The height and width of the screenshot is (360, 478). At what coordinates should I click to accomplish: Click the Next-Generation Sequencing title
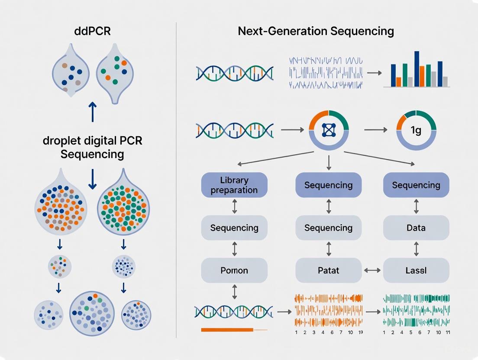316,31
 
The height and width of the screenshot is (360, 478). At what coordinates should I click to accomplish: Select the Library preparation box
234,185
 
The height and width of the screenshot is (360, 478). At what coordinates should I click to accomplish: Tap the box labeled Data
416,228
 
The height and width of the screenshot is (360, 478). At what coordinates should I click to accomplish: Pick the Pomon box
234,270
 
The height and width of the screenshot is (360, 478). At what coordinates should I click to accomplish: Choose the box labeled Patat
328,270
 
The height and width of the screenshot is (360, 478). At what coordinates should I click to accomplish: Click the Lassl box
416,270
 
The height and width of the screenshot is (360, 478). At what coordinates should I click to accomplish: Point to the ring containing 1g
416,130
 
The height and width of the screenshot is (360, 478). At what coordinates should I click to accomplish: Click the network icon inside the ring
329,130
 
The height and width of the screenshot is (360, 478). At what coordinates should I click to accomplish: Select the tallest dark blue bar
417,69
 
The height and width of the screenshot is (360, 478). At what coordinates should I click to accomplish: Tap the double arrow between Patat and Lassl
372,270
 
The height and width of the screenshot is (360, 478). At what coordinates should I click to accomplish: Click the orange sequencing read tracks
328,311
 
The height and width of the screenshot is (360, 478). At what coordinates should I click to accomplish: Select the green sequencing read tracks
417,311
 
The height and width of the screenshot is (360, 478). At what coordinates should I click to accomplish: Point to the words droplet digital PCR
93,141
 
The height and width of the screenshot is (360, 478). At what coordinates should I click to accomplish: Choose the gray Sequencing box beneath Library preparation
234,228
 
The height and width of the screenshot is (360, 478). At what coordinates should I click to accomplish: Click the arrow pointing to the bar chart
374,73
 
